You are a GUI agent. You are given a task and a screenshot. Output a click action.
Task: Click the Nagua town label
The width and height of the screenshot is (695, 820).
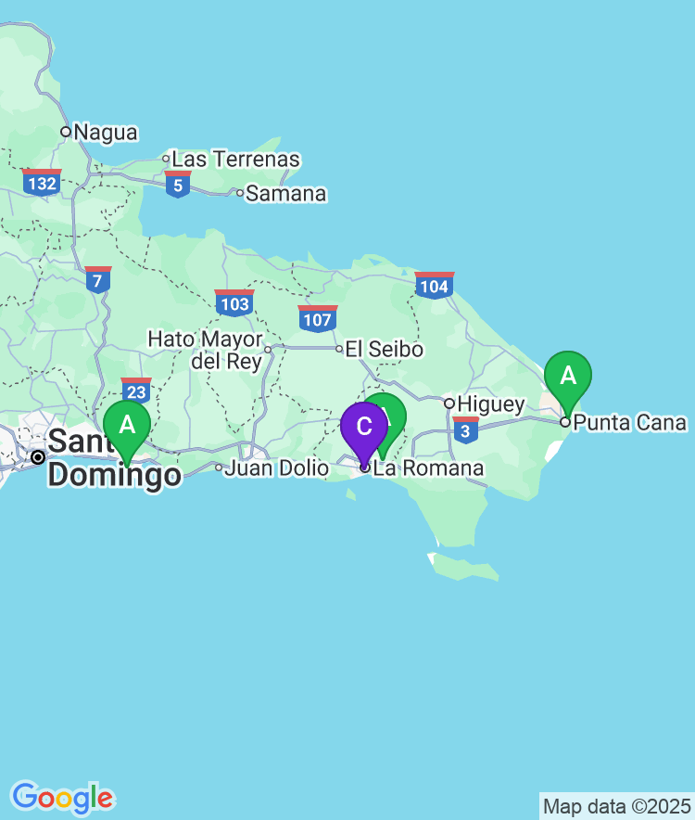105,133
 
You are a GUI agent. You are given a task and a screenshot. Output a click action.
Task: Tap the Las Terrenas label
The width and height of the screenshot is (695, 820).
235,160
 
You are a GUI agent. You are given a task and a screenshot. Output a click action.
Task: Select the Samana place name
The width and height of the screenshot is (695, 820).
285,194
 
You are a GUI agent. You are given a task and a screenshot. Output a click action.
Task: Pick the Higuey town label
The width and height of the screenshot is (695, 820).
491,404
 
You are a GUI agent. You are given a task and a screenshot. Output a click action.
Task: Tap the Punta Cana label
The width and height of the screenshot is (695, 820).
629,423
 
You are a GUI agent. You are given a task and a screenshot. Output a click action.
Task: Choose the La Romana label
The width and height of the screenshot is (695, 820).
427,468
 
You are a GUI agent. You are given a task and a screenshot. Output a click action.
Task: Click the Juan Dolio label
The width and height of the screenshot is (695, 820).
276,468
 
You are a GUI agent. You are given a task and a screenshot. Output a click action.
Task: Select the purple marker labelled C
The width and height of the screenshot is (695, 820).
364,429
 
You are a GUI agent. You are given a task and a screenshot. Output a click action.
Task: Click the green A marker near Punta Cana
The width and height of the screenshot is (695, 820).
568,378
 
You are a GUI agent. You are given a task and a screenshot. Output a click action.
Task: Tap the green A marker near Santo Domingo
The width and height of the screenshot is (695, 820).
127,427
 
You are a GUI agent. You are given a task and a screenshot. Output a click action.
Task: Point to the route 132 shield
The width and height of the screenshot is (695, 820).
43,182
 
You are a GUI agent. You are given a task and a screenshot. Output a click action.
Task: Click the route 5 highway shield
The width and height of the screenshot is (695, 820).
178,185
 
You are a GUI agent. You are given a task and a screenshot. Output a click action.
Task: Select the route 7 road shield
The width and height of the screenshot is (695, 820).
98,280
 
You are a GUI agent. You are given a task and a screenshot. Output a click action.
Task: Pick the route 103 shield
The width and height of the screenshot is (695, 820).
234,302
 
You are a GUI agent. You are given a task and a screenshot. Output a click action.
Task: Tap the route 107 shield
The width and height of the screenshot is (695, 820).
317,319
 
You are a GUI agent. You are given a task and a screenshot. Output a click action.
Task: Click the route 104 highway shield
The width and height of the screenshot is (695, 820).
435,286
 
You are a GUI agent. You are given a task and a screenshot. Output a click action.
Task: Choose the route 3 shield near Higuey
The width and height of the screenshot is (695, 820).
466,430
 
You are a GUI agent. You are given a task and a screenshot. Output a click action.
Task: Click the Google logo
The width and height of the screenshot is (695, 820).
62,797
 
